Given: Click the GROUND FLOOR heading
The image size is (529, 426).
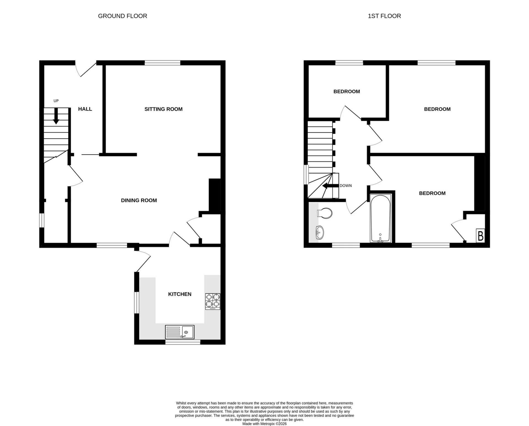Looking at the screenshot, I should click(x=122, y=16).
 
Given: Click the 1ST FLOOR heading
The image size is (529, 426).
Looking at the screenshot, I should click(x=384, y=16).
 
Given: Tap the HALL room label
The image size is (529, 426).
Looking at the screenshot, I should click(x=85, y=109).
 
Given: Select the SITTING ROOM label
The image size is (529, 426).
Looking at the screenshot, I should click(x=163, y=109).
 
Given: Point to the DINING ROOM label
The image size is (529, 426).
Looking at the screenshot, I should click(x=139, y=200).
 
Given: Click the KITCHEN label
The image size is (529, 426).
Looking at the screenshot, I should click(x=180, y=294).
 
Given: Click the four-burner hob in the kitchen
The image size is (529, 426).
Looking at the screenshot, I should click(x=213, y=301).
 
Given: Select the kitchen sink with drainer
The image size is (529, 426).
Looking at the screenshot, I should click(x=180, y=332).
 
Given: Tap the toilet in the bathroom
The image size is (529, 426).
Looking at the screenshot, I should click(x=325, y=213).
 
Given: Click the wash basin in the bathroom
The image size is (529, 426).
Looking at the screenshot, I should click(x=320, y=233).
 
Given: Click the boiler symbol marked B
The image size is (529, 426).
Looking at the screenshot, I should click(x=481, y=236).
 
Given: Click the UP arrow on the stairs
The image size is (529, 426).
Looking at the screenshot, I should click(x=56, y=116).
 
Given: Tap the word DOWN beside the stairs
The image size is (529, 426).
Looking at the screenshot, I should click(x=346, y=186).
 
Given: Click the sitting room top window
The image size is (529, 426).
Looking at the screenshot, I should click(x=162, y=63).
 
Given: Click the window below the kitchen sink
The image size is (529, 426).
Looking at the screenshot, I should click(x=183, y=342).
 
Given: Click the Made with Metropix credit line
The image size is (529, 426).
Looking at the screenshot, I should click(x=264, y=424).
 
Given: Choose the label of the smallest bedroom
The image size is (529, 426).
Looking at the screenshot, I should click(x=347, y=91).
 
